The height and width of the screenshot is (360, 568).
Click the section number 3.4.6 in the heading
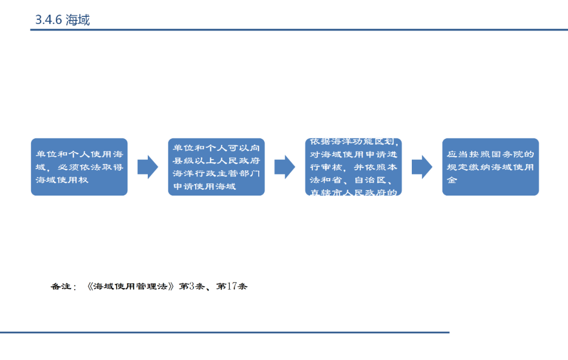(x=48, y=20)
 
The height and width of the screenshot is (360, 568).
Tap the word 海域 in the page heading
(x=78, y=20)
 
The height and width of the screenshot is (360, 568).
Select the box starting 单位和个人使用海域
(x=79, y=167)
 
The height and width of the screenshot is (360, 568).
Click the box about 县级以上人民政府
(x=216, y=167)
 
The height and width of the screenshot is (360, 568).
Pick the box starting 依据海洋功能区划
(x=353, y=167)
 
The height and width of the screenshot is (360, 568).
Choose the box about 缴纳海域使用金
(x=490, y=167)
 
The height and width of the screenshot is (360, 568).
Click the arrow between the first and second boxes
(x=148, y=167)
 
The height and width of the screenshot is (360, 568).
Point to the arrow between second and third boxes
(x=285, y=167)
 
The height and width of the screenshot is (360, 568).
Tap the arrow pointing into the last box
(x=422, y=167)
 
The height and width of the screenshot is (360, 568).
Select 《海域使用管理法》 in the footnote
(x=130, y=287)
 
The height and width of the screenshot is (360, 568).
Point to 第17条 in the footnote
(x=231, y=287)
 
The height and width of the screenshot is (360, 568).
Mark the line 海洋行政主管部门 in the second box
(x=216, y=173)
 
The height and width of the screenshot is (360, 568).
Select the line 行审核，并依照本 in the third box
(x=353, y=167)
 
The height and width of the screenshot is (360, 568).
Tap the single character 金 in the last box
(x=452, y=180)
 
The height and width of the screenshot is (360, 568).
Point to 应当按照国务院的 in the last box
(x=490, y=155)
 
